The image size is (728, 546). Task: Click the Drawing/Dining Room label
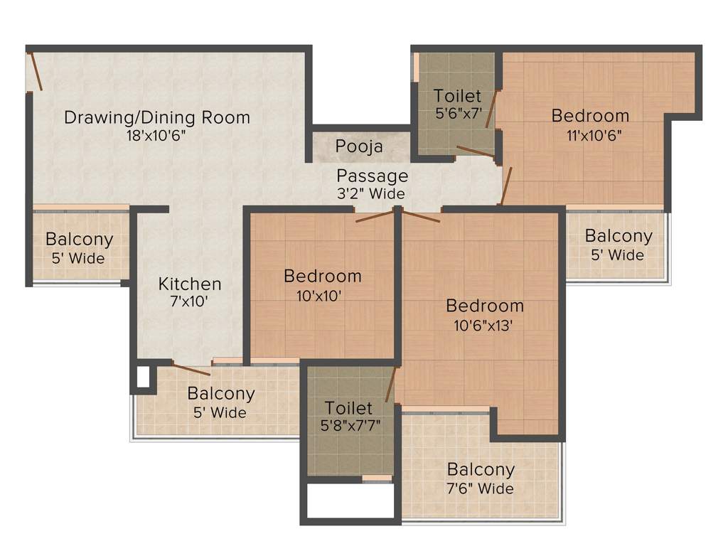(157, 117)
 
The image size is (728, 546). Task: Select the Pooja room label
(360, 147)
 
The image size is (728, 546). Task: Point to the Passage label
(373, 176)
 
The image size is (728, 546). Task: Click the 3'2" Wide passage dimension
(371, 193)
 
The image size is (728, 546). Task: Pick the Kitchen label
(190, 284)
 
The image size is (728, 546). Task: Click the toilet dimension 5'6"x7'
(458, 113)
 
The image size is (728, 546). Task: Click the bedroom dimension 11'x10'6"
(590, 134)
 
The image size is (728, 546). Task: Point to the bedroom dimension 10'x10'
(314, 295)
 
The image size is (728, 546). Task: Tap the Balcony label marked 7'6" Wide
(481, 469)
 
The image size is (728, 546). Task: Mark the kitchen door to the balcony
(191, 369)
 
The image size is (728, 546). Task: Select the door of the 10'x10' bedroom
(374, 216)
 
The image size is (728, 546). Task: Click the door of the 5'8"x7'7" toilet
(389, 387)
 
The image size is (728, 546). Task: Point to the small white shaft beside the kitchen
(143, 377)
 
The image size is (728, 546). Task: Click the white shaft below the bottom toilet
(350, 500)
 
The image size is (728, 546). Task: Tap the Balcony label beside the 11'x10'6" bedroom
(618, 236)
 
